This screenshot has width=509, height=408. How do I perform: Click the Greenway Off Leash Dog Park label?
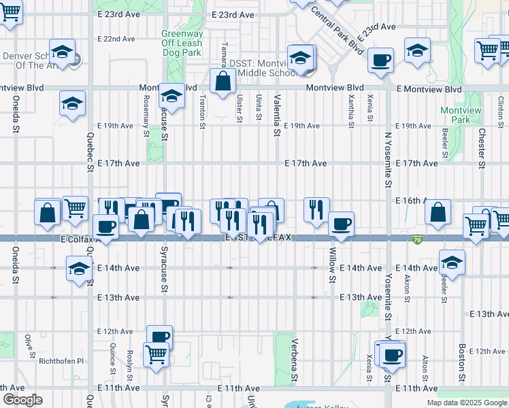click(182, 43)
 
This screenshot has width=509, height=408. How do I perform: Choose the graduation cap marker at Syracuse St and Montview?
click(171, 96)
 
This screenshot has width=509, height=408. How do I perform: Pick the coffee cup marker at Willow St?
click(341, 223)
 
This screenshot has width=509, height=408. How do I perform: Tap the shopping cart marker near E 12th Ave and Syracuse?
click(156, 354)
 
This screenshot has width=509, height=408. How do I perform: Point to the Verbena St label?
click(295, 360)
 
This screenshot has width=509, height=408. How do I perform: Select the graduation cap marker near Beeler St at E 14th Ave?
click(451, 262)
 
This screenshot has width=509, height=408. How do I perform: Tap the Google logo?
click(22, 400)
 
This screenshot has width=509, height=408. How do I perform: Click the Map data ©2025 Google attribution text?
click(466, 403)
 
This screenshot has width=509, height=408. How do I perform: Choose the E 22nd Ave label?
click(118, 39)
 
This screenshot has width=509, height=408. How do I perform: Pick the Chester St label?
click(481, 148)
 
